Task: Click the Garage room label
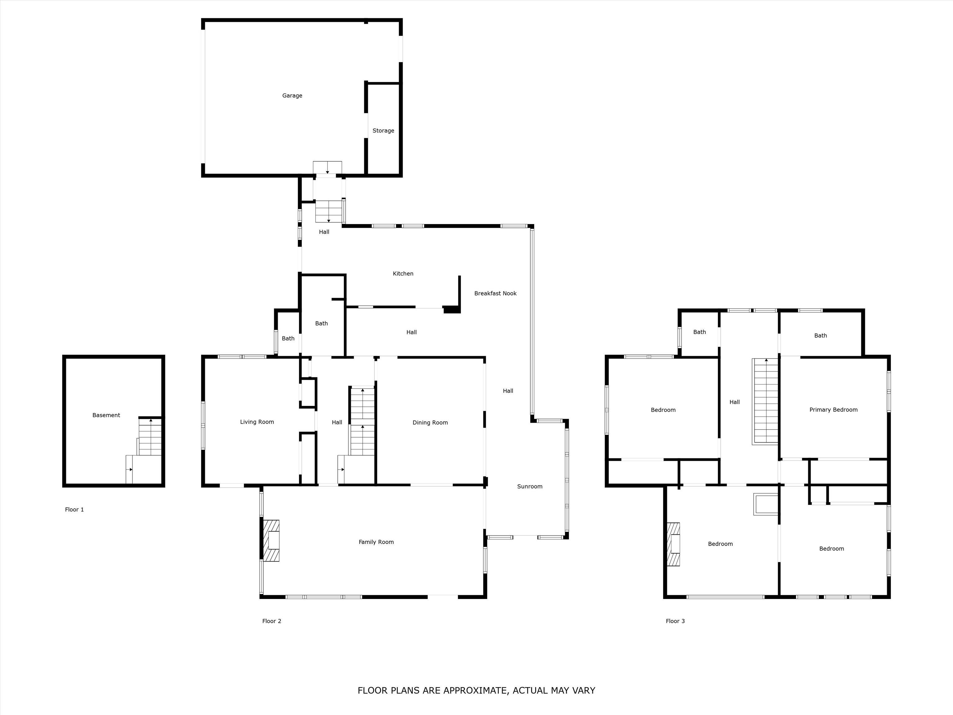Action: pyautogui.click(x=292, y=96)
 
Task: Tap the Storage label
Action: pyautogui.click(x=383, y=131)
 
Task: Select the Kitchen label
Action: pyautogui.click(x=403, y=274)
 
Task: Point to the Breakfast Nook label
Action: pyautogui.click(x=495, y=294)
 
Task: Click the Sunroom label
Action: pyautogui.click(x=530, y=487)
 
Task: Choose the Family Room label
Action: pyautogui.click(x=376, y=542)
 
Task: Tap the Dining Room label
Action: pyautogui.click(x=430, y=423)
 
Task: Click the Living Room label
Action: pyautogui.click(x=257, y=422)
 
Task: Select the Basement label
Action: pyautogui.click(x=106, y=416)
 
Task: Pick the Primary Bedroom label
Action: pyautogui.click(x=833, y=410)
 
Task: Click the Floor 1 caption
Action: pyautogui.click(x=74, y=510)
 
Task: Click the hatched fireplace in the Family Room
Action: pyautogui.click(x=271, y=541)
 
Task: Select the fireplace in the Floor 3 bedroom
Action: pyautogui.click(x=673, y=544)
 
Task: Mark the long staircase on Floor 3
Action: pyautogui.click(x=765, y=401)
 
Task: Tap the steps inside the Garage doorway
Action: pyautogui.click(x=327, y=168)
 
